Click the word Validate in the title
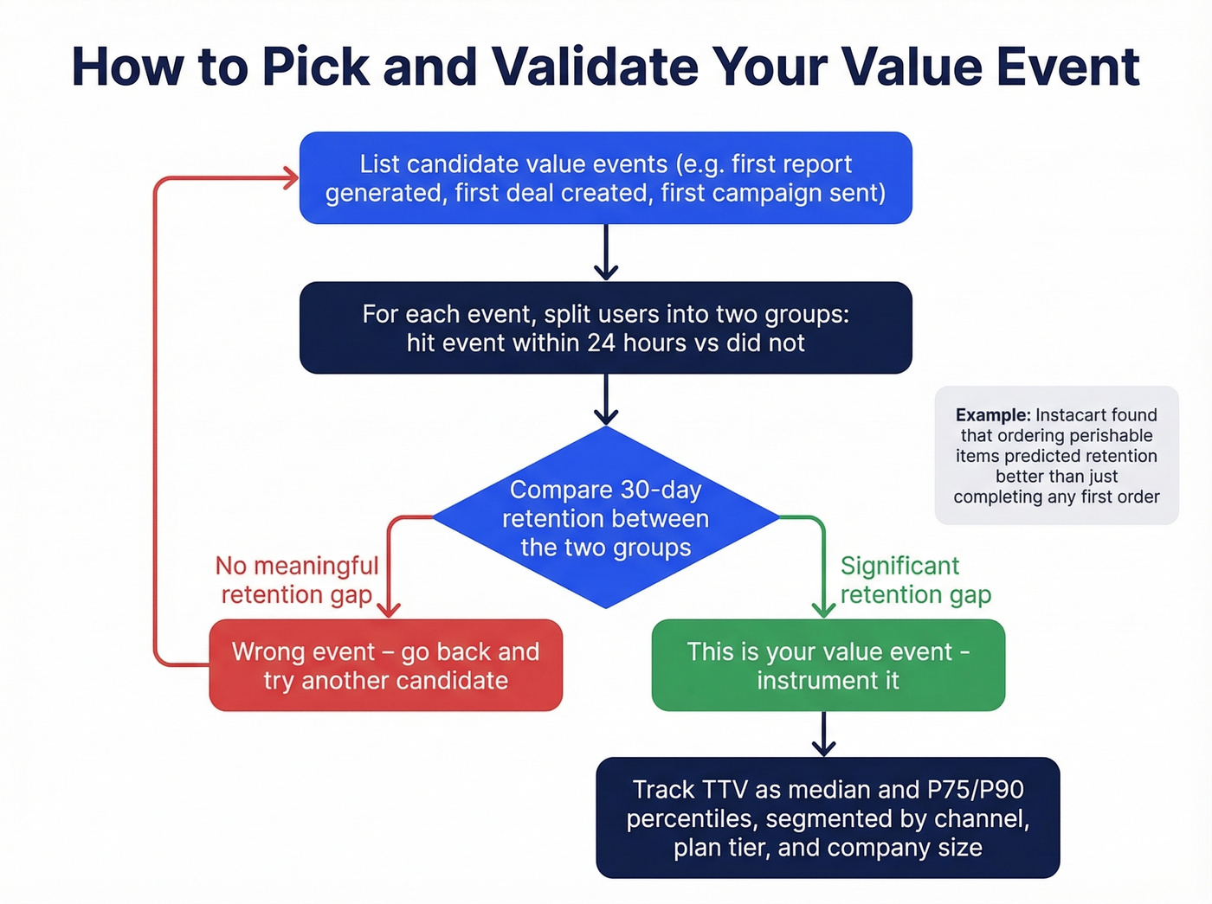point(594,67)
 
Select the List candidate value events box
point(605,177)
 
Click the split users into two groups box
point(605,328)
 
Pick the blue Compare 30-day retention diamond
point(605,517)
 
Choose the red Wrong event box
point(385,665)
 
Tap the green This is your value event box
point(828,665)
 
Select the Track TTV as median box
point(828,817)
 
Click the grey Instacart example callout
point(1056,455)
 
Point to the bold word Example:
point(992,415)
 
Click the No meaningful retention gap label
point(296,580)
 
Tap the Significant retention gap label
point(914,580)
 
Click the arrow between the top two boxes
point(606,253)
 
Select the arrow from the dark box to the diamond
point(606,401)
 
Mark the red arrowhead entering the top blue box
point(288,178)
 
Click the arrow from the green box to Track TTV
point(823,734)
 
